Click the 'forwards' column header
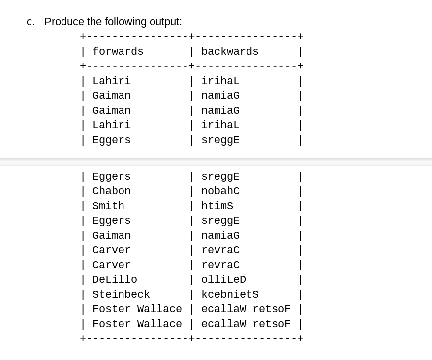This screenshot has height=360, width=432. point(118,52)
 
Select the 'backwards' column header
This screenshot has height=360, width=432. point(230,52)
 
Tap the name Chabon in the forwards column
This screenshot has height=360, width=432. point(111,191)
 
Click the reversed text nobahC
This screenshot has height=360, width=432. point(220,191)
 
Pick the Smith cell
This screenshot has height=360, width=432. point(108,206)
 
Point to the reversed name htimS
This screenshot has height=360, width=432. point(217,206)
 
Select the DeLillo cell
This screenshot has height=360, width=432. point(115,280)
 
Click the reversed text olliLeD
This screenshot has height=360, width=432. point(223,280)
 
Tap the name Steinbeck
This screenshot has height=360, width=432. point(121,295)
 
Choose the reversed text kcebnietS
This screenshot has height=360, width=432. point(230,295)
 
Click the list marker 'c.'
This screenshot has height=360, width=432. point(31,22)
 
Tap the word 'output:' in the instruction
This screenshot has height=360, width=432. point(166,22)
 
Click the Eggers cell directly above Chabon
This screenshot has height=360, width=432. point(111,177)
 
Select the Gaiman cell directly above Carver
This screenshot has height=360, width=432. point(111,236)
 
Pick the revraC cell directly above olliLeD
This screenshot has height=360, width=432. point(220,265)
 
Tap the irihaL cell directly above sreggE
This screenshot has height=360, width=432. point(220,125)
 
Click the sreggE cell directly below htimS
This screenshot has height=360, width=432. point(220,221)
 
